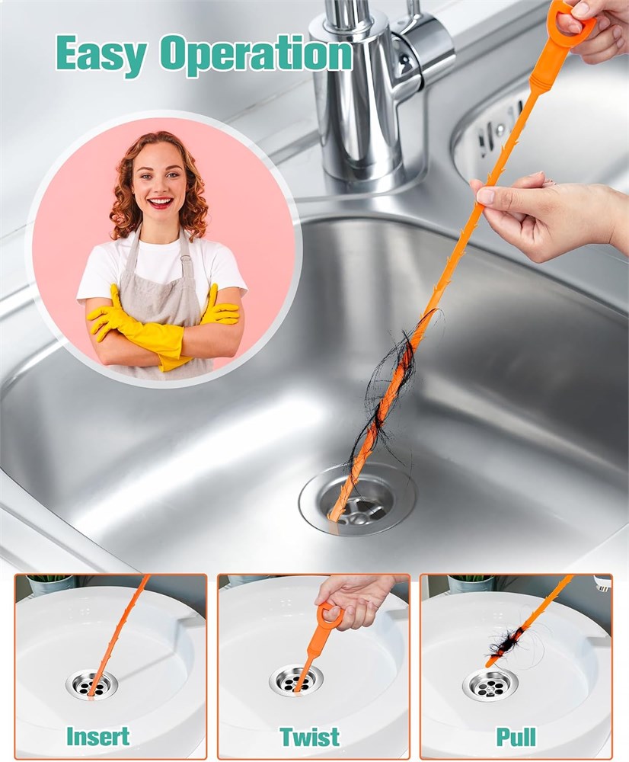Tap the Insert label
point(98,736)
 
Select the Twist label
point(310,736)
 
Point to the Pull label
point(516,737)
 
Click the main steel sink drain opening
point(358,499)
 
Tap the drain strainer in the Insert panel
point(92,685)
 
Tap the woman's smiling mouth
point(160,201)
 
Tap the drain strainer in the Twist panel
point(296,680)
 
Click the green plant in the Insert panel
point(48,580)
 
